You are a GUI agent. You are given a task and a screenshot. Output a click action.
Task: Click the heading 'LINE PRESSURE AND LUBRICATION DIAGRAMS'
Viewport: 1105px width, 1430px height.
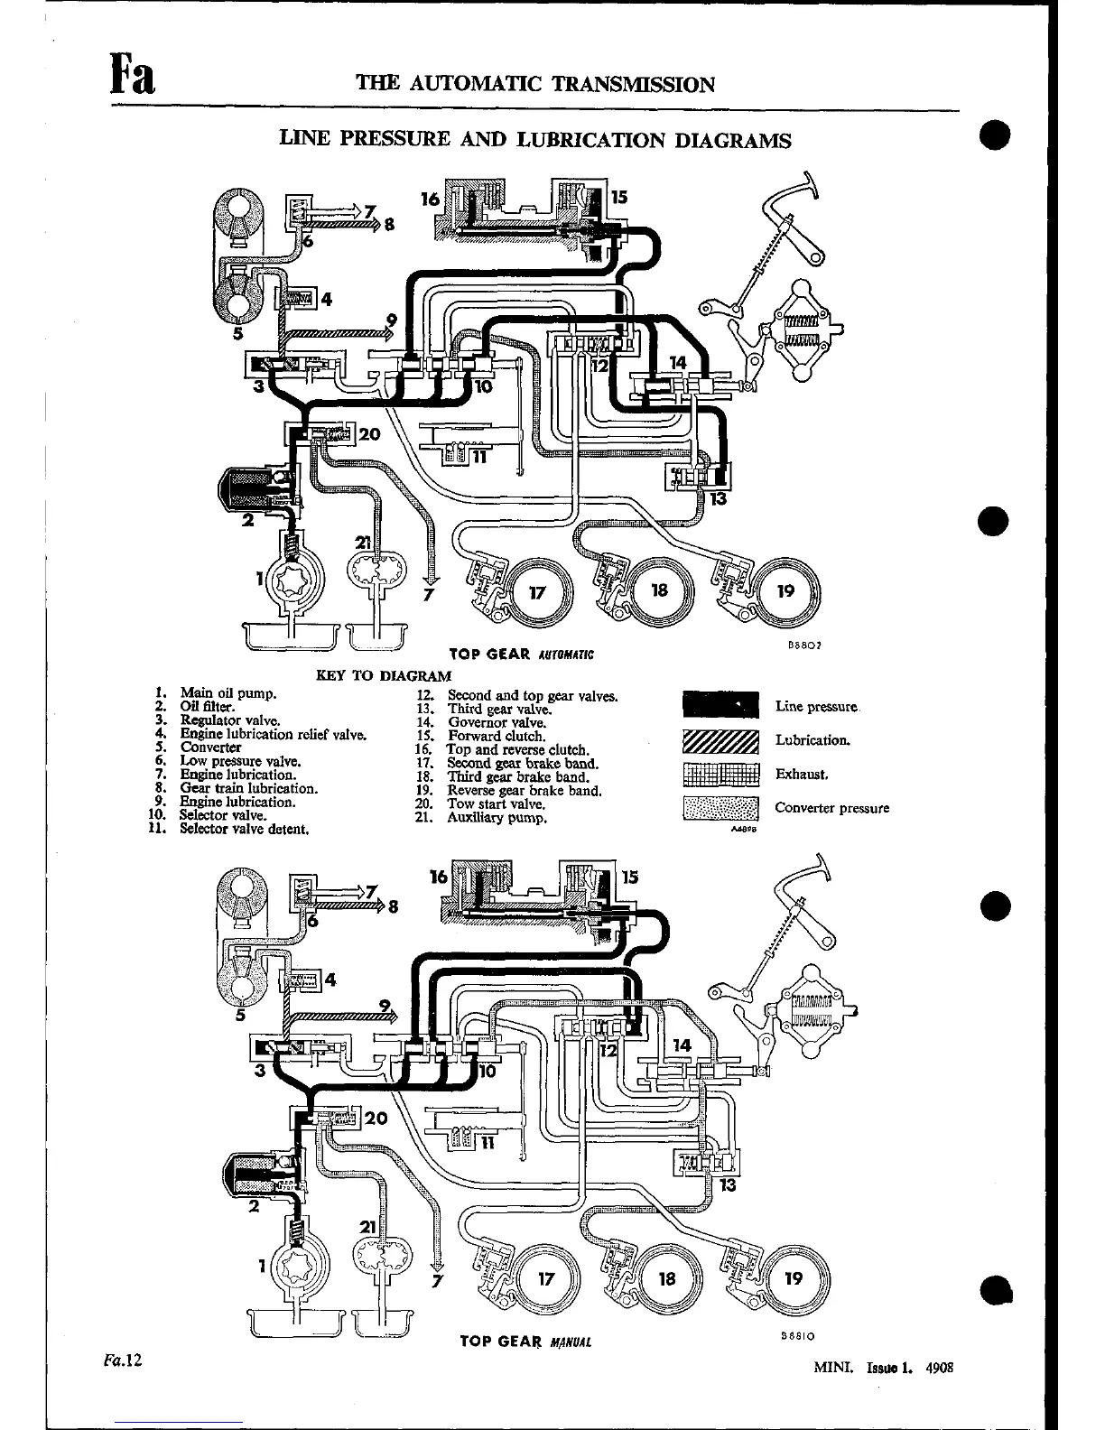pyautogui.click(x=535, y=140)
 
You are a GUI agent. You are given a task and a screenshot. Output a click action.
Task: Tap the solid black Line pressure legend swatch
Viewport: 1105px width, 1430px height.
pyautogui.click(x=720, y=706)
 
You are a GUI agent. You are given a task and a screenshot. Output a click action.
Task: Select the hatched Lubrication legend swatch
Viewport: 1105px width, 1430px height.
pyautogui.click(x=720, y=740)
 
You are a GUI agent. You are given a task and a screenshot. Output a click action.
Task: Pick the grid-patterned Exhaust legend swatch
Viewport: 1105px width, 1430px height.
pyautogui.click(x=720, y=774)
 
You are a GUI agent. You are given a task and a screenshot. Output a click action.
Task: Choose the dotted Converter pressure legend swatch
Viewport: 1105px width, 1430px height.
pyautogui.click(x=720, y=808)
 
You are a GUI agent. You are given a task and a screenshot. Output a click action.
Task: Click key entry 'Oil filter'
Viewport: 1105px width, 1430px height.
pyautogui.click(x=207, y=707)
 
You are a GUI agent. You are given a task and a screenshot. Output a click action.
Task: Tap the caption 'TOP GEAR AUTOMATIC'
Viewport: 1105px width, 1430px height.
pyautogui.click(x=521, y=653)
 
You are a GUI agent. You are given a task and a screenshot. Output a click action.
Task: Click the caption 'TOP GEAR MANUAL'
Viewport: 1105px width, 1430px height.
pyautogui.click(x=525, y=1342)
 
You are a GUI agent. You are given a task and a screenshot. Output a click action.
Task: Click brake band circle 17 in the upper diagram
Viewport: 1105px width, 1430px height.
pyautogui.click(x=538, y=592)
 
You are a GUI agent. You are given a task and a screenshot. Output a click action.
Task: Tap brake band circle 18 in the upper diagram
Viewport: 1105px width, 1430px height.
pyautogui.click(x=660, y=591)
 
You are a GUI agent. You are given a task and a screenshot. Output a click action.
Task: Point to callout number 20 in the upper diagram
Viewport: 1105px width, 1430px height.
pyautogui.click(x=371, y=433)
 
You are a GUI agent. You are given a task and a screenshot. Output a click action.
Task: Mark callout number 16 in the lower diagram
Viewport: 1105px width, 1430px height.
pyautogui.click(x=439, y=877)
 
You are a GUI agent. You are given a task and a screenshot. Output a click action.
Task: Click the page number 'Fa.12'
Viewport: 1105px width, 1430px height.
pyautogui.click(x=123, y=1360)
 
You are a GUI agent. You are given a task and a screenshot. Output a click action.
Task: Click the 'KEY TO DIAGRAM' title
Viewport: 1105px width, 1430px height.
pyautogui.click(x=384, y=675)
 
